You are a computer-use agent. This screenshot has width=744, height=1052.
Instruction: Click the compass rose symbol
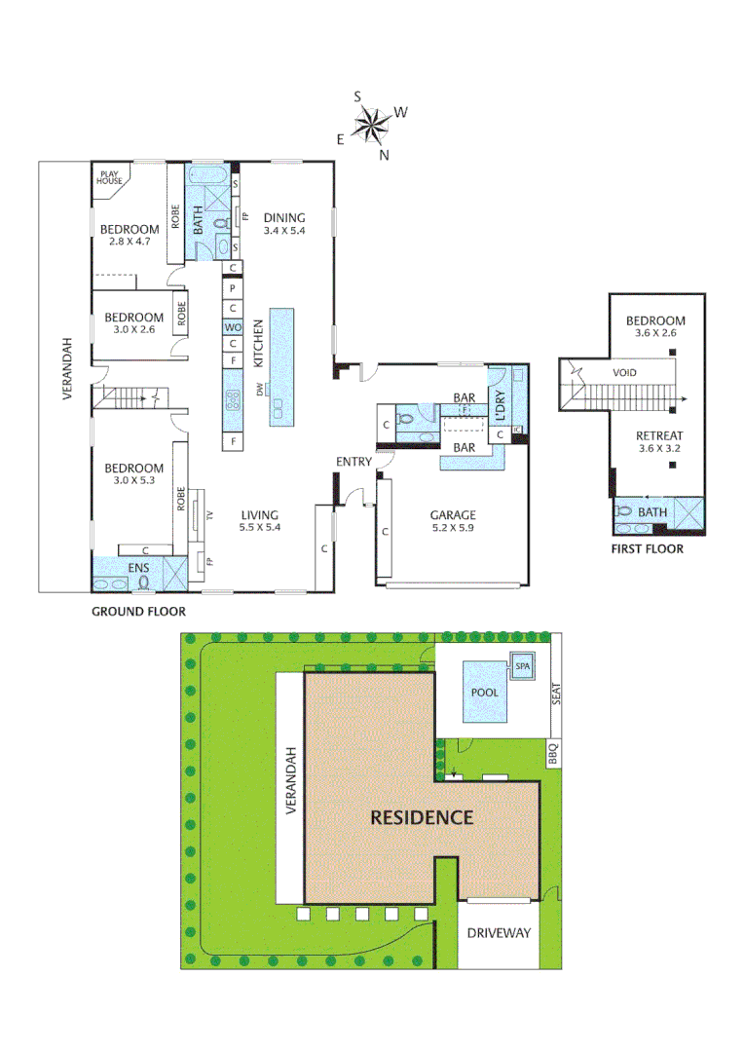click(x=371, y=124)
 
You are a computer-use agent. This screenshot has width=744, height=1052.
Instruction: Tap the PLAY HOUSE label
click(x=109, y=177)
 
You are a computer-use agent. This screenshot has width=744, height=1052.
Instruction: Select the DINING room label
click(x=284, y=218)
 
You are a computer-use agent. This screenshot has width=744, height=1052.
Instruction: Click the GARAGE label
click(x=454, y=515)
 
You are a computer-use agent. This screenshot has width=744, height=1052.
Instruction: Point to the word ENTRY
click(x=353, y=462)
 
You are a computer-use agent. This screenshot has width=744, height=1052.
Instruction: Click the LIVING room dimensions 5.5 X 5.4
click(x=260, y=527)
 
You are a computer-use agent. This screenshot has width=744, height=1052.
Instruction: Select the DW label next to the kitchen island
click(x=261, y=390)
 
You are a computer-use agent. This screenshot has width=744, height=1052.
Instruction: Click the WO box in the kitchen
click(x=233, y=327)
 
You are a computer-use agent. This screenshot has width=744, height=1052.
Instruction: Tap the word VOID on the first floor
click(x=626, y=373)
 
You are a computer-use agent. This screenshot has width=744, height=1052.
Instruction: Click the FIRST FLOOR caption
click(x=647, y=549)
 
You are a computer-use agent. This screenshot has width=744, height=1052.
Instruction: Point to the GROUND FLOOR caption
click(x=138, y=612)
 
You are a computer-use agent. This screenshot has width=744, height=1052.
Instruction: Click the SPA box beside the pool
click(x=523, y=665)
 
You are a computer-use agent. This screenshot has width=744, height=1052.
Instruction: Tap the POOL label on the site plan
click(x=484, y=693)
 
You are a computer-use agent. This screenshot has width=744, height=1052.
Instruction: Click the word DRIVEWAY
click(x=498, y=933)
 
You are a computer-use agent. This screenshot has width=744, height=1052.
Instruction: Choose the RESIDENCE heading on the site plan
click(x=422, y=817)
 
